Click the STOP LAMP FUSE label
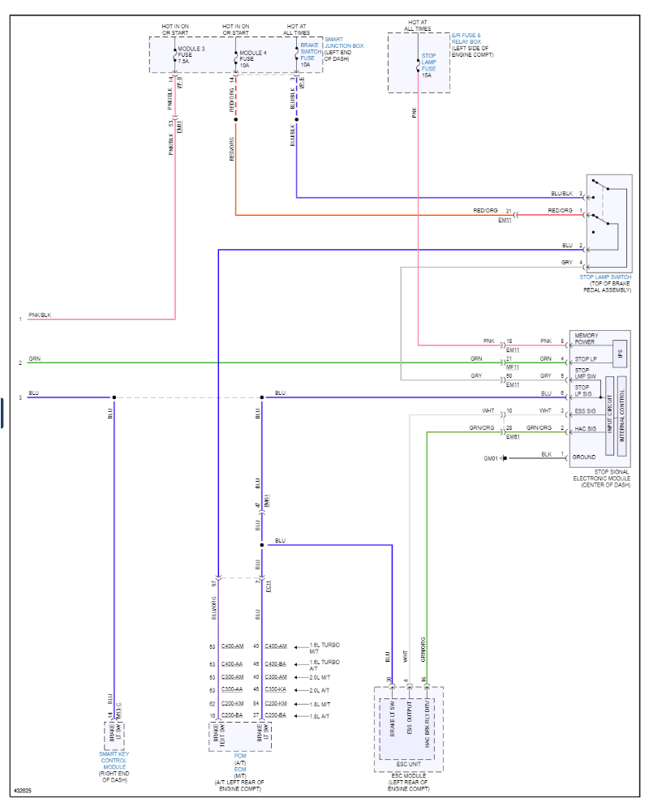coord(429,62)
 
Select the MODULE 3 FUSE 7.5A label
coord(191,54)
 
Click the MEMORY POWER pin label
coord(588,338)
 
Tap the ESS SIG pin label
coord(585,411)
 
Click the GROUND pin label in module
coord(584,457)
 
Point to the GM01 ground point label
coord(492,458)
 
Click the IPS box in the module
coord(621,354)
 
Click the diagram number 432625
coord(24,789)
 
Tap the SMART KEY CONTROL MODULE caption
coord(114,766)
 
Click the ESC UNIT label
coord(408,763)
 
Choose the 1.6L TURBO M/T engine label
coord(324,647)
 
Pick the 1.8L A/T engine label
coord(320,716)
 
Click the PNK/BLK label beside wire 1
coord(40,315)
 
